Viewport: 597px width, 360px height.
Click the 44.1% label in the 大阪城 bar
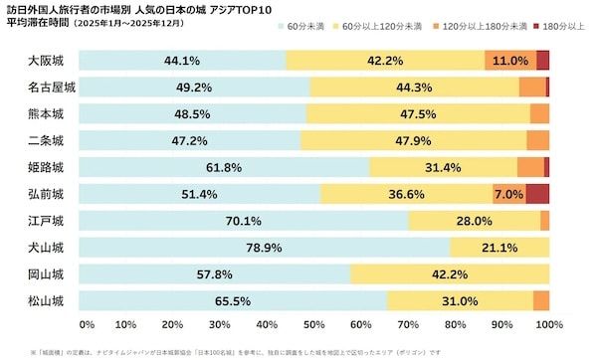(x=182, y=61)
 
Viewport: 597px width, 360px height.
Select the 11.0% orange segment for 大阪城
(x=509, y=61)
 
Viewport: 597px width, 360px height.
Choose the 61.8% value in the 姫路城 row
(x=224, y=167)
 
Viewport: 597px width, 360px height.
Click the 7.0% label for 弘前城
(x=508, y=194)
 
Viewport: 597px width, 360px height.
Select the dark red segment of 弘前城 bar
(x=537, y=194)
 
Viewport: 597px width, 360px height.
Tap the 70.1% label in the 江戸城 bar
(x=244, y=221)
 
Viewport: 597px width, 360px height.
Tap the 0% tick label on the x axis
(x=86, y=324)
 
